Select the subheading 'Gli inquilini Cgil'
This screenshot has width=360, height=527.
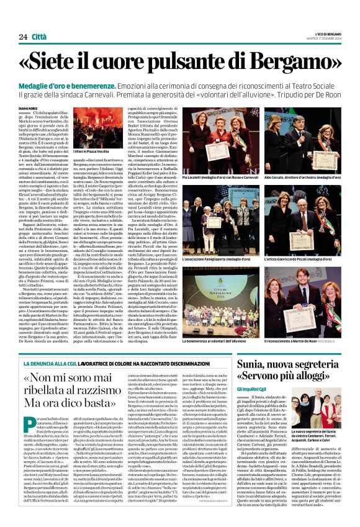point(265,404)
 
